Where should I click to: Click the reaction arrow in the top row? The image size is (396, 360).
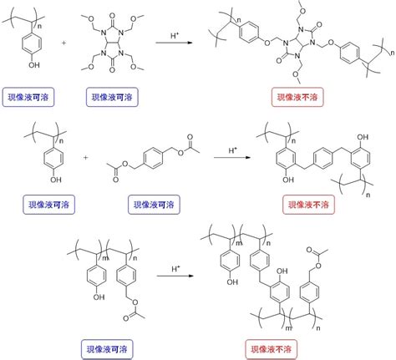(x=175, y=43)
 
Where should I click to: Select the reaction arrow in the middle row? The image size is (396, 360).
(x=232, y=158)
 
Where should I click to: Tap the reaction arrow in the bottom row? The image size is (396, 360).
(x=175, y=276)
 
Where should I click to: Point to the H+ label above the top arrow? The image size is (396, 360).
(x=175, y=35)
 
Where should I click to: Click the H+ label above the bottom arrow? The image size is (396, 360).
(x=175, y=269)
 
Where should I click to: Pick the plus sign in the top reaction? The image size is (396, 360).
(x=63, y=43)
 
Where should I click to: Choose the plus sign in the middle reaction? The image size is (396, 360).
(x=85, y=157)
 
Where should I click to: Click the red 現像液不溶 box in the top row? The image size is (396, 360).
(x=297, y=97)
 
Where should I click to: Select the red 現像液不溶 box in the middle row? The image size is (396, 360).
(x=308, y=205)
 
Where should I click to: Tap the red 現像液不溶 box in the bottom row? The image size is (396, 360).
(x=272, y=349)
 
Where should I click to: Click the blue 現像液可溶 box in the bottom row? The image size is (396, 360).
(x=107, y=349)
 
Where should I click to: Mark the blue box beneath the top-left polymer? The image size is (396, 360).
(x=28, y=97)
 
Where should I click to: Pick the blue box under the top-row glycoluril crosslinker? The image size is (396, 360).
(x=112, y=97)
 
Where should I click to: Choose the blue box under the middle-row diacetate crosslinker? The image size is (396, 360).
(x=154, y=205)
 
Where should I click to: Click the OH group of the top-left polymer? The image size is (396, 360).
(x=34, y=65)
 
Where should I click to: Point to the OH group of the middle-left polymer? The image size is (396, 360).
(x=56, y=180)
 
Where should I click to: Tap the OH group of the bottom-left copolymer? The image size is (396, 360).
(x=99, y=297)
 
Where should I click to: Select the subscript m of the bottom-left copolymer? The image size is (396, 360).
(x=105, y=258)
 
